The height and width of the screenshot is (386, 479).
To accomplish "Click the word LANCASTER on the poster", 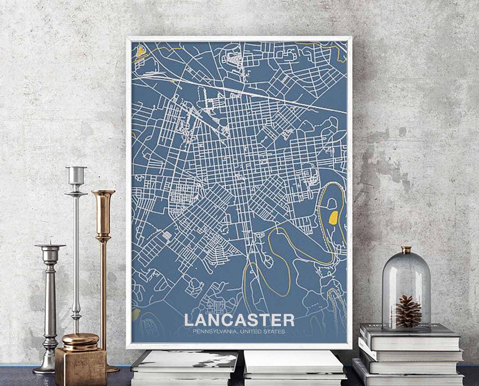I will [x=239, y=320].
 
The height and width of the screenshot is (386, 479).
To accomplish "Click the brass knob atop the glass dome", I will [x=406, y=250].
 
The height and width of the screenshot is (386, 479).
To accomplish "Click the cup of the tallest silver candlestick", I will [x=76, y=176].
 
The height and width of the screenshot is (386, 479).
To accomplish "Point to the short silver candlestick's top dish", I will [x=50, y=245].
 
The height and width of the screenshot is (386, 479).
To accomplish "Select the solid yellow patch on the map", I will [x=333, y=218].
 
